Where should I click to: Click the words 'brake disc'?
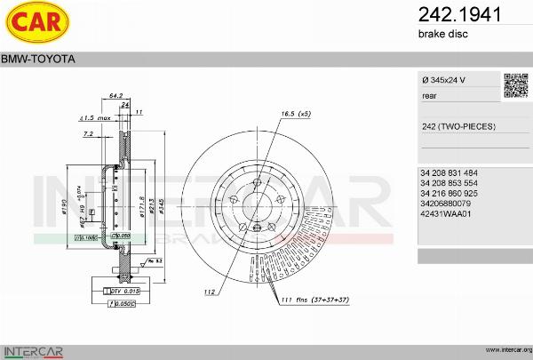[442, 34]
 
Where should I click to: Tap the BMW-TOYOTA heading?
[37, 59]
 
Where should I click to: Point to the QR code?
[515, 84]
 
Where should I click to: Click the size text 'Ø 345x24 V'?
[444, 81]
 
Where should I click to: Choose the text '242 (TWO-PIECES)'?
[458, 127]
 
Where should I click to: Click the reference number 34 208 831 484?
[449, 172]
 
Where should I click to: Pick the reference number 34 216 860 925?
[449, 193]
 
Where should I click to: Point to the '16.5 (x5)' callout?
[296, 115]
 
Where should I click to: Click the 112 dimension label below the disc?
[211, 292]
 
